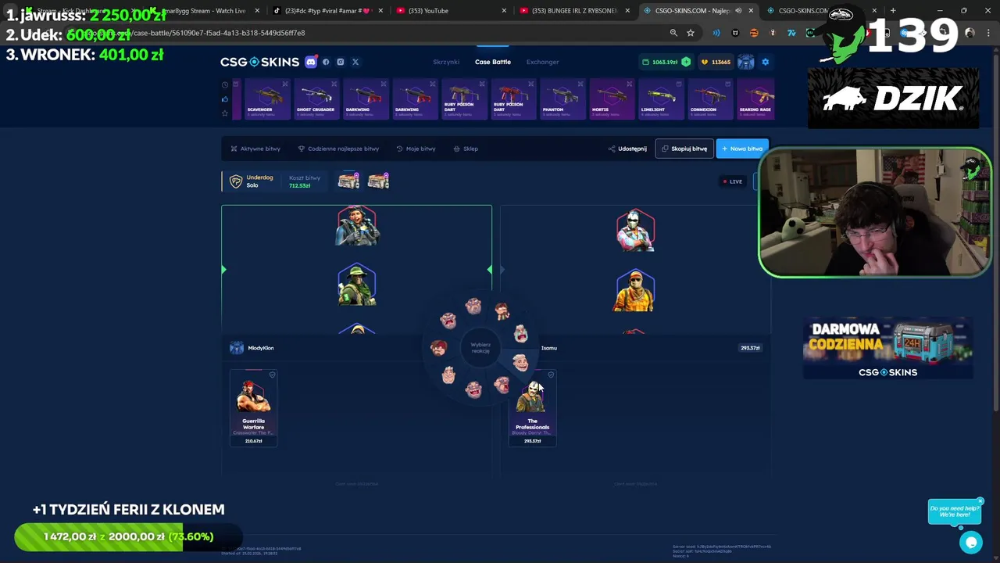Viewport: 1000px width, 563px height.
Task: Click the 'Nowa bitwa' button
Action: click(x=742, y=149)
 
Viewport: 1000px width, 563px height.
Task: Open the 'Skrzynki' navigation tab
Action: click(x=446, y=62)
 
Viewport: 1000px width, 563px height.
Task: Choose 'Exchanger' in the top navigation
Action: click(x=542, y=62)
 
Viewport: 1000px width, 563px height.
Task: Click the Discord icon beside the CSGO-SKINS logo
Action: click(x=311, y=62)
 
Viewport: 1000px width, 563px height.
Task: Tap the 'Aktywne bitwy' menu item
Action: click(x=255, y=149)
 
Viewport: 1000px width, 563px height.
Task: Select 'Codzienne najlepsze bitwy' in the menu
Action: click(x=338, y=149)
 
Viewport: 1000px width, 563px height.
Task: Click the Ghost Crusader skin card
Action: click(x=316, y=99)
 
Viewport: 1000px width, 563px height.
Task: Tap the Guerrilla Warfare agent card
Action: click(x=253, y=407)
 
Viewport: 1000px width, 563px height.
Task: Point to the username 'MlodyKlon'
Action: click(x=260, y=348)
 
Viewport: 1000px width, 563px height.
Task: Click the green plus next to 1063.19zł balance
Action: click(x=686, y=62)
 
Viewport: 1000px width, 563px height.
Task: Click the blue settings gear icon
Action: click(x=765, y=62)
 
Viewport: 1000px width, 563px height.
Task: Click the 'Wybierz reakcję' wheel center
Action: click(x=480, y=347)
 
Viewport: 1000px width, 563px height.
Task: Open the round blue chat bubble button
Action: click(x=971, y=542)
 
